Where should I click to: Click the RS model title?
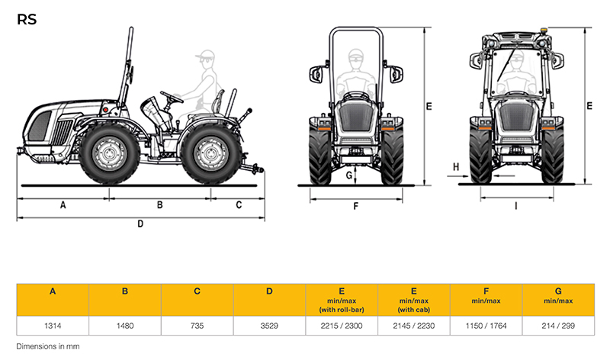click(27, 20)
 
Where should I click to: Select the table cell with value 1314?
click(53, 326)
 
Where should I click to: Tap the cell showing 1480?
click(125, 326)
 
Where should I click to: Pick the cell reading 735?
click(197, 326)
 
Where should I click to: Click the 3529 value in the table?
click(269, 326)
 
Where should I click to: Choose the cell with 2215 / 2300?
click(342, 326)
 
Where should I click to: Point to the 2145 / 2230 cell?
click(414, 326)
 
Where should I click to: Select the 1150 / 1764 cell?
click(486, 326)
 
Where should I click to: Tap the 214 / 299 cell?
click(558, 326)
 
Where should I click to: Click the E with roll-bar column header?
click(342, 300)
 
